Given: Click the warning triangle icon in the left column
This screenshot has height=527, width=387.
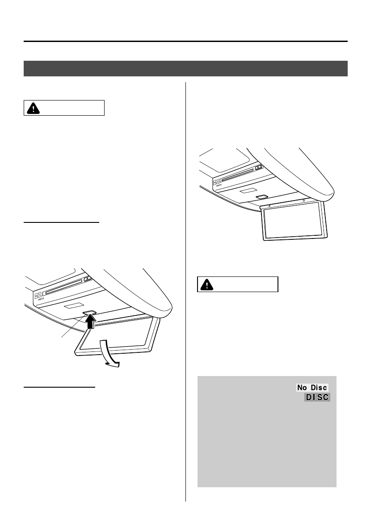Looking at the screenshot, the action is tap(33, 108).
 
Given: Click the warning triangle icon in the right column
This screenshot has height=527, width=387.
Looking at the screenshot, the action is tap(206, 284).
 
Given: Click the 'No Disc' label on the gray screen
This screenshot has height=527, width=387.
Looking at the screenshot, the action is tap(312, 388).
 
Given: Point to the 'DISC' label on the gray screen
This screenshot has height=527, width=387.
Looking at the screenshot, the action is tap(318, 397).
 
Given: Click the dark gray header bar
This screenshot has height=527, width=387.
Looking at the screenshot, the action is tap(185, 68).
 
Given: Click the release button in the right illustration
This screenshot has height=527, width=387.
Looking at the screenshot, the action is tap(262, 196).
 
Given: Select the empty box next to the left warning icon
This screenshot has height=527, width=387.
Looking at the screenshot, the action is tap(72, 108).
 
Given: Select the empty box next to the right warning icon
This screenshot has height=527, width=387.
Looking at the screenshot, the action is tap(246, 284).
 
